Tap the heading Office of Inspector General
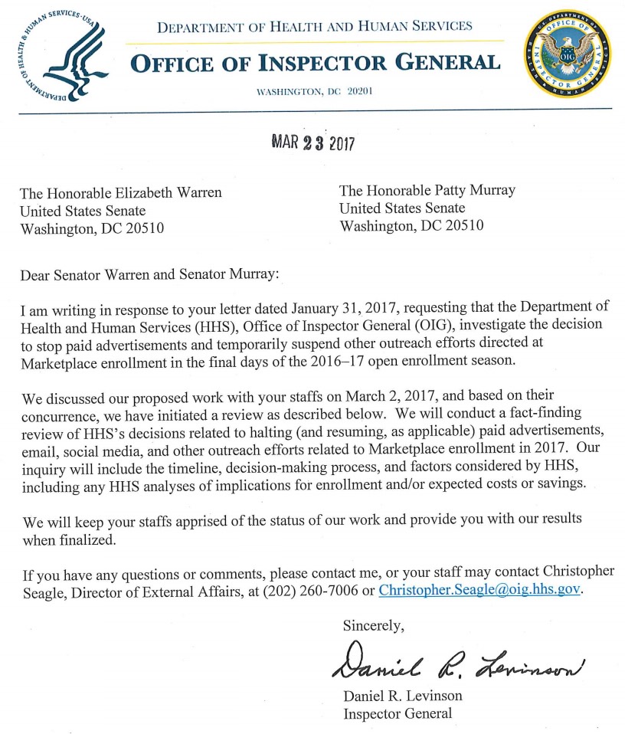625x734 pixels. point(316,62)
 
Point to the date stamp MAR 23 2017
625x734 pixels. point(314,143)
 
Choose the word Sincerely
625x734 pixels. point(373,624)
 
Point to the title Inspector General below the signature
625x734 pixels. point(398,713)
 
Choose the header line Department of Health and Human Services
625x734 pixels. point(315,28)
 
